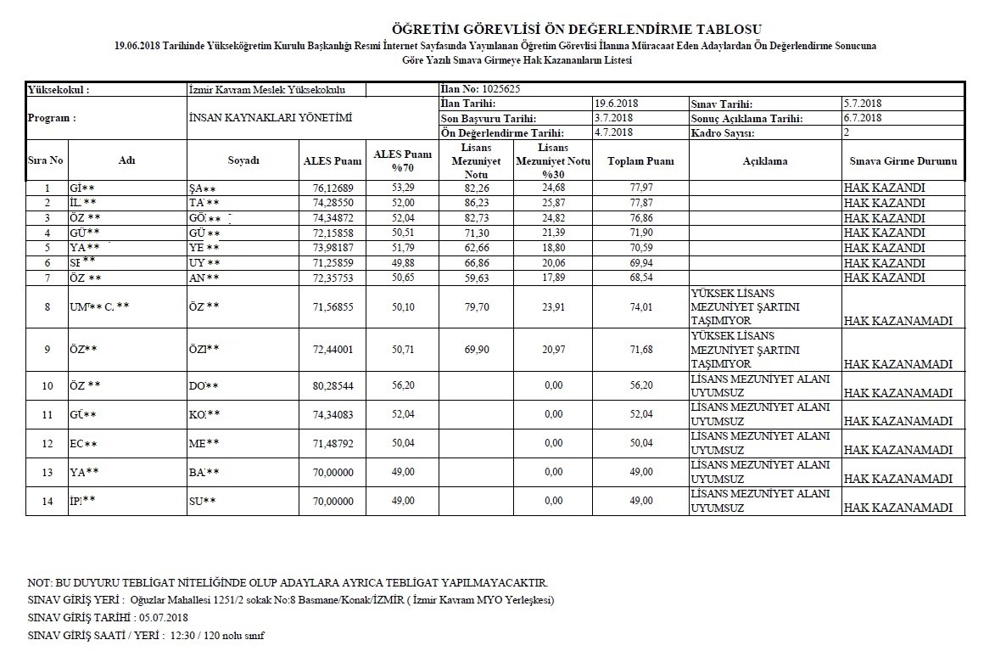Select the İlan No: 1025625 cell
point(480,89)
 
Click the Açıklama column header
point(765,160)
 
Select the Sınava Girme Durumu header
point(903,160)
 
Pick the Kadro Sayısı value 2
point(847,133)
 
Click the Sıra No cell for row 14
point(48,501)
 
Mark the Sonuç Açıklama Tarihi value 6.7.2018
point(863,118)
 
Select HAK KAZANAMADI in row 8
point(901,321)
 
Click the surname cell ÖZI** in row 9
point(204,349)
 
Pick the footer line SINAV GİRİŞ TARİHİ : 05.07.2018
point(108,617)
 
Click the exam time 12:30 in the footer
point(182,635)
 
